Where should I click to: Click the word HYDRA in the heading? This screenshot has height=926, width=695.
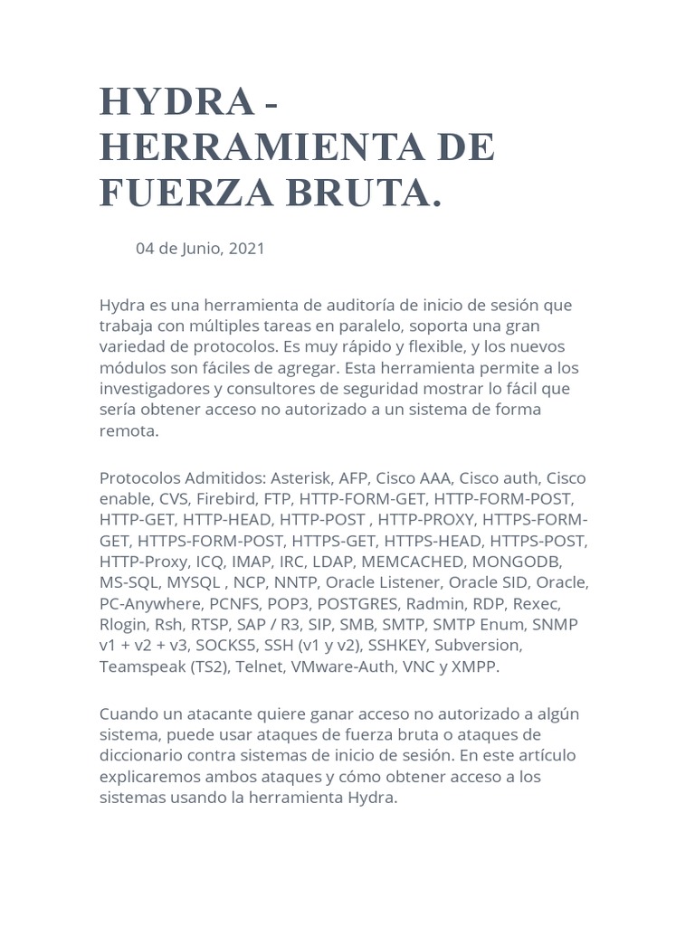click(177, 103)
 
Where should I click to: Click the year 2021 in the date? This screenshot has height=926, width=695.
click(247, 249)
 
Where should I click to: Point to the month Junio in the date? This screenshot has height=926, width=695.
click(198, 249)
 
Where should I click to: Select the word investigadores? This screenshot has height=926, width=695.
click(155, 388)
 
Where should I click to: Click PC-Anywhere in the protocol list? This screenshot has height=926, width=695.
click(143, 602)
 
